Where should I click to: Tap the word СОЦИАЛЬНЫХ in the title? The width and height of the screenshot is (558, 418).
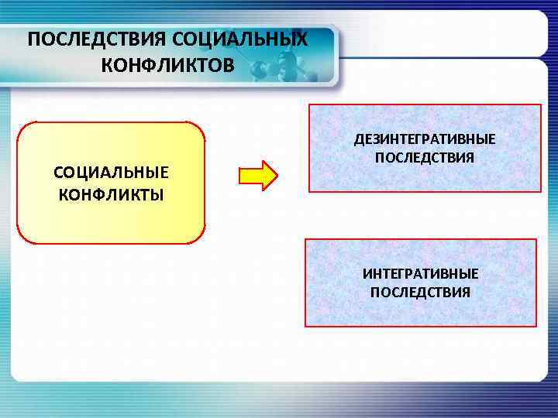pyautogui.click(x=236, y=39)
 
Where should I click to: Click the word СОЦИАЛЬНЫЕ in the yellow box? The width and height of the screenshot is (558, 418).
pyautogui.click(x=111, y=172)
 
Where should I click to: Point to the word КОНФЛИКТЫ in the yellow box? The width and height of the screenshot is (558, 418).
pyautogui.click(x=111, y=193)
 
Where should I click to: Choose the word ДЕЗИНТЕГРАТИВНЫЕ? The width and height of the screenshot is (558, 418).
pyautogui.click(x=425, y=139)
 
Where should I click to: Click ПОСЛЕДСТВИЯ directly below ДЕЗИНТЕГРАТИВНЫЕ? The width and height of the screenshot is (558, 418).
pyautogui.click(x=425, y=157)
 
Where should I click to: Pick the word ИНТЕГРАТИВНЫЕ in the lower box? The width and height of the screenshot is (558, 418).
pyautogui.click(x=420, y=274)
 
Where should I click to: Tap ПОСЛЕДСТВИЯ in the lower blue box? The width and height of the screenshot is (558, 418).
pyautogui.click(x=420, y=293)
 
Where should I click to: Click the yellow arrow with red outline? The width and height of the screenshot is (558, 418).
pyautogui.click(x=257, y=176)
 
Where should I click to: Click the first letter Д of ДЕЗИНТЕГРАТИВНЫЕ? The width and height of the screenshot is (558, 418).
pyautogui.click(x=359, y=139)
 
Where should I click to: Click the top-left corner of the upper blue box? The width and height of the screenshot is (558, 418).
pyautogui.click(x=310, y=106)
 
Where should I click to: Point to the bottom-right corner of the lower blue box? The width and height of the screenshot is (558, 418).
pyautogui.click(x=536, y=325)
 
